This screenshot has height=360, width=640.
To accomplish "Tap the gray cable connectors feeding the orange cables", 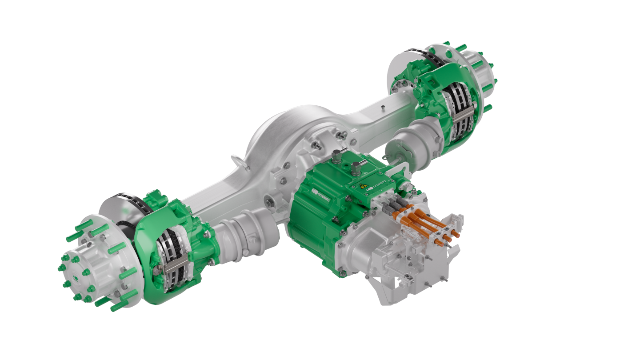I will (393, 204).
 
